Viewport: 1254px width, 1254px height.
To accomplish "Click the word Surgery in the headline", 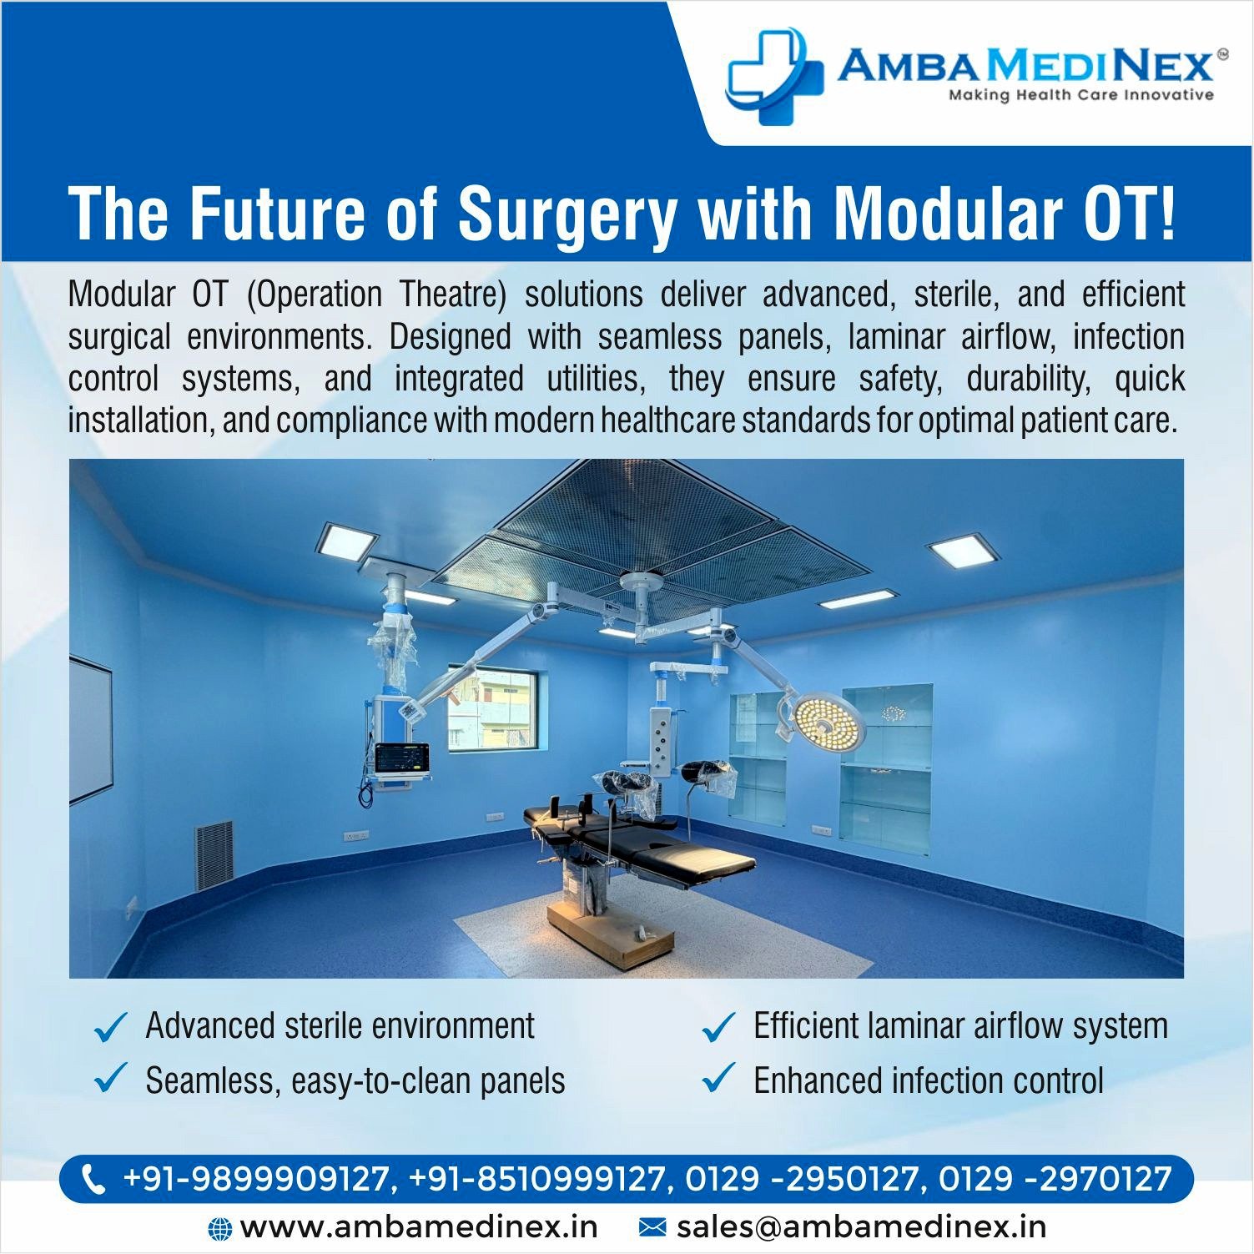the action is click(x=567, y=213).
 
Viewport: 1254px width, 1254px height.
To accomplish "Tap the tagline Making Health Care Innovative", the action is click(x=1080, y=95).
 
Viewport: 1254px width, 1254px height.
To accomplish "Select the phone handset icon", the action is click(x=93, y=1179).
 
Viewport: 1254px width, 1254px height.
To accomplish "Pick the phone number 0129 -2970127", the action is click(x=1055, y=1179).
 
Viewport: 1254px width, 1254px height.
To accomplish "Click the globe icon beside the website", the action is click(x=219, y=1228).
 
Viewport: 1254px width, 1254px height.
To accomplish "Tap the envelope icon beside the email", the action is click(x=652, y=1227).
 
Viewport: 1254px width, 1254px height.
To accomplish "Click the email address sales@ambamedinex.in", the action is click(x=862, y=1227).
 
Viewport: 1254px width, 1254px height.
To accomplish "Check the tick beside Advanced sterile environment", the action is click(x=110, y=1027).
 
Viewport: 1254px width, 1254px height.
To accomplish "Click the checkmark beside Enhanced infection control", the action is click(x=718, y=1078).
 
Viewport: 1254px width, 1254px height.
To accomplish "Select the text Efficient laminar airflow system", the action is click(x=960, y=1026).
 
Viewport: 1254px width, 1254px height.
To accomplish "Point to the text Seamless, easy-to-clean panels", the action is click(x=355, y=1080).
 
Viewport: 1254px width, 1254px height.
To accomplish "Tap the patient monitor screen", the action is click(x=401, y=758).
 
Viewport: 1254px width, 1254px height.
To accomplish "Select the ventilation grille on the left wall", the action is click(x=214, y=855).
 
